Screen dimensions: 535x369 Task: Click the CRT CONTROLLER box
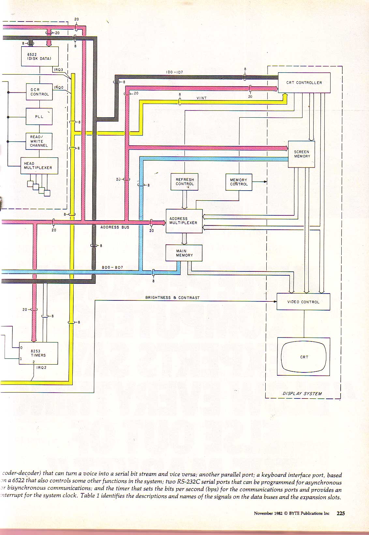(x=304, y=83)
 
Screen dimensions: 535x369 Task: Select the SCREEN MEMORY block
(x=302, y=154)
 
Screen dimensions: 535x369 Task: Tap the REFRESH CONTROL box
(x=184, y=182)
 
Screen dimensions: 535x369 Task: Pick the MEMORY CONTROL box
(x=239, y=182)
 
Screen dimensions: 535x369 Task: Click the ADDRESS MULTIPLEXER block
(x=184, y=221)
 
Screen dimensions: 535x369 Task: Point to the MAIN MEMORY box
(x=184, y=253)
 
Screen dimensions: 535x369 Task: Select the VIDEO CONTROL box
(x=303, y=302)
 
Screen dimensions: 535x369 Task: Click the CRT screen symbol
(x=304, y=357)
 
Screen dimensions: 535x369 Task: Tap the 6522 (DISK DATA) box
(x=40, y=56)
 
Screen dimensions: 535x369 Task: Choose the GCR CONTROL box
(x=39, y=92)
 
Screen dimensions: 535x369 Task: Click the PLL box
(x=39, y=116)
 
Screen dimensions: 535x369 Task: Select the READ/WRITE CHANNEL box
(x=39, y=141)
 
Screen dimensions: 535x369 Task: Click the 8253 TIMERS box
(x=38, y=353)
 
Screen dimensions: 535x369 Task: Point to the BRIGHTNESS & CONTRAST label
(x=172, y=297)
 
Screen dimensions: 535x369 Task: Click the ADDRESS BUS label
(x=115, y=227)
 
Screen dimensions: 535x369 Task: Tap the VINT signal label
(x=201, y=98)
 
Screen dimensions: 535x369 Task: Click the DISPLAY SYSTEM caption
(x=302, y=394)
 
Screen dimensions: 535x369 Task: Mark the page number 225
(x=341, y=513)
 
